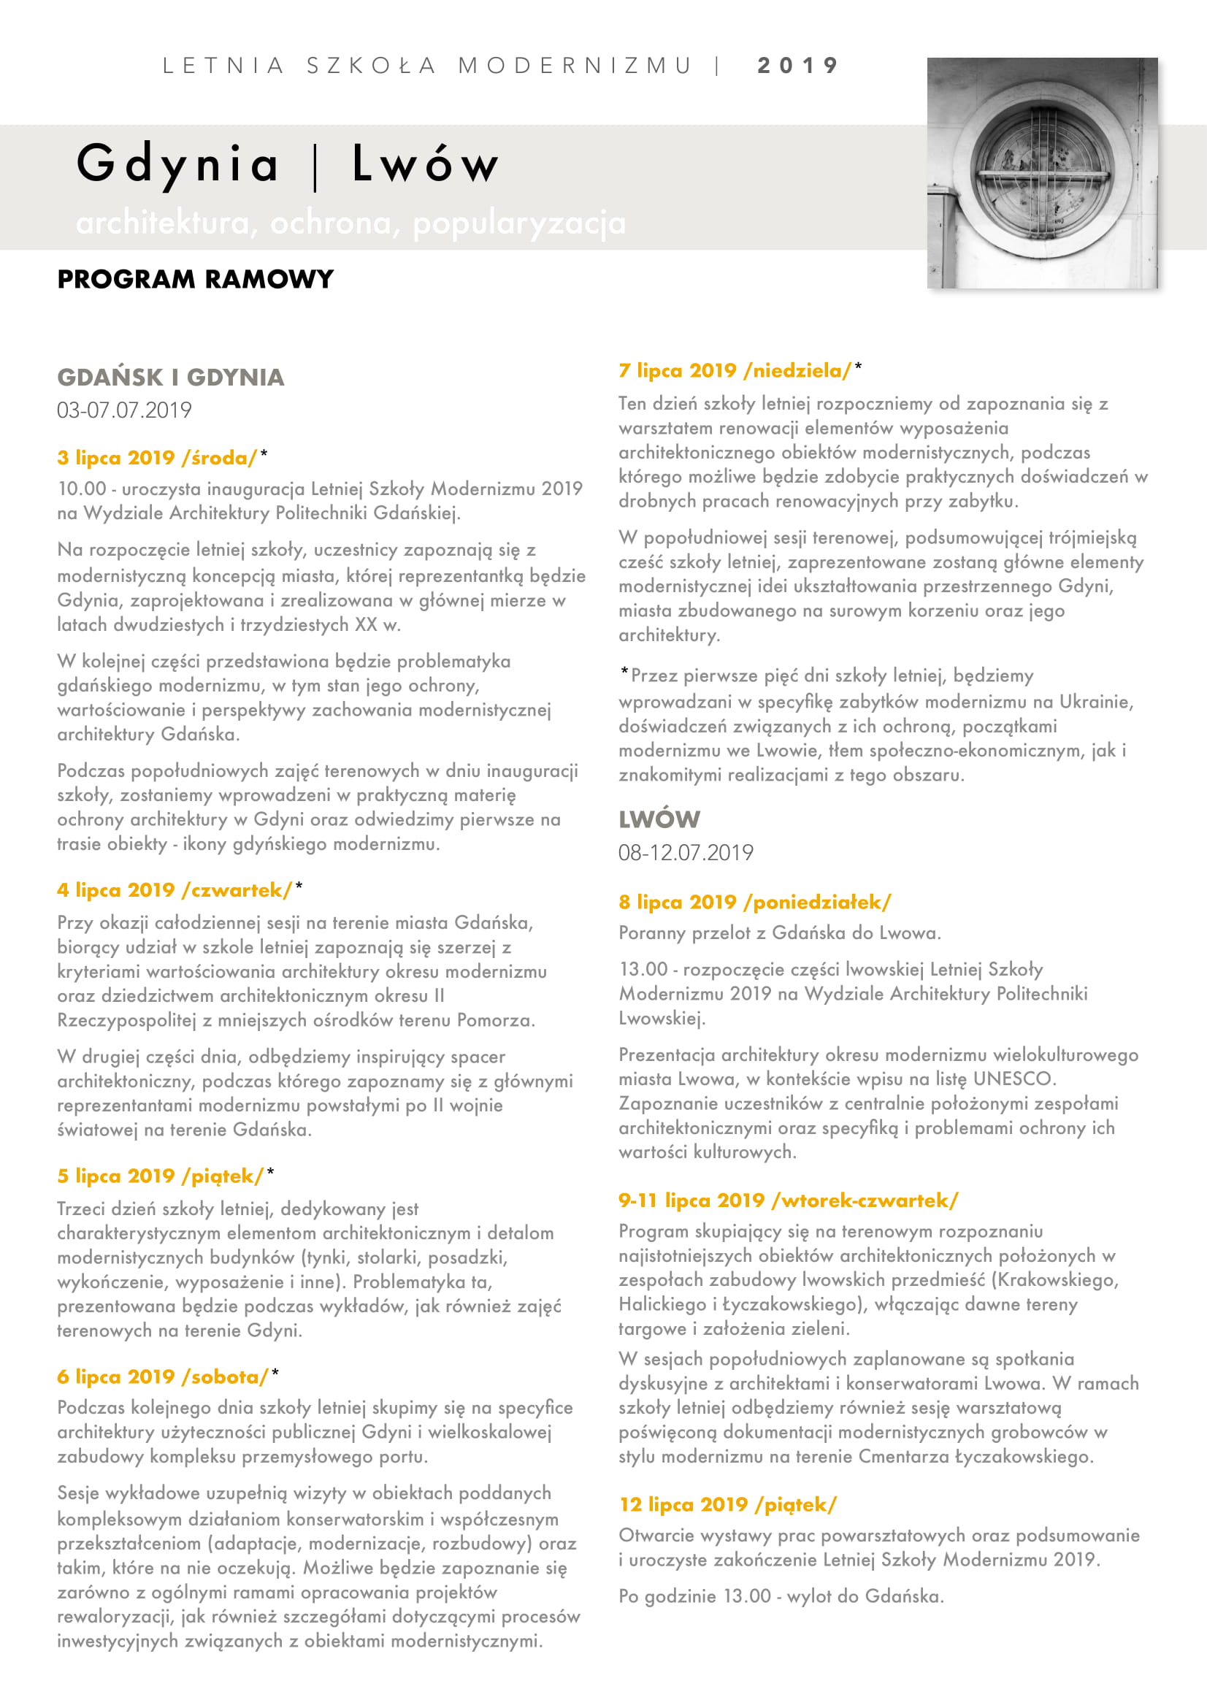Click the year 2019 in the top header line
tap(797, 66)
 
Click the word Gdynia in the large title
tap(177, 164)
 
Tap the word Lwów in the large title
tap(425, 164)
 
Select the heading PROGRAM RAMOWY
tap(196, 279)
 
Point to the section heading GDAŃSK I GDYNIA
tap(170, 377)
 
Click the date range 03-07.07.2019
tap(124, 410)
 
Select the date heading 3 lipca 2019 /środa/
tap(157, 458)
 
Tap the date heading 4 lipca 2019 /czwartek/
tap(175, 889)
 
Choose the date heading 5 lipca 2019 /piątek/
tap(161, 1176)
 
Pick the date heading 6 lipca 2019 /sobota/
tap(163, 1376)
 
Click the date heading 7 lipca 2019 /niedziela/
tap(735, 370)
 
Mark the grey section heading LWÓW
tap(659, 819)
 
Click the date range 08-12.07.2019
tap(686, 852)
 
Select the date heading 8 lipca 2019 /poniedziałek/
tap(754, 902)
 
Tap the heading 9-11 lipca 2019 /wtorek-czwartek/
tap(789, 1200)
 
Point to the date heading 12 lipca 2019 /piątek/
tap(728, 1504)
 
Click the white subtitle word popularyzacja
tap(519, 223)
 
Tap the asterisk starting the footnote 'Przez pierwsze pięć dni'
tap(625, 673)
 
